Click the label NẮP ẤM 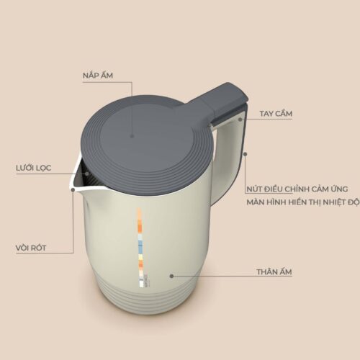tap(98, 76)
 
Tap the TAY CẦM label tap(276, 114)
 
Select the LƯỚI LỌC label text tap(34, 168)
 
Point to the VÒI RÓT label tap(31, 248)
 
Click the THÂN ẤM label tap(274, 272)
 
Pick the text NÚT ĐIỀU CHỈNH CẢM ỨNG tap(297, 189)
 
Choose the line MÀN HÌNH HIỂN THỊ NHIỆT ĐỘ tap(303, 202)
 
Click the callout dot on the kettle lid tap(132, 136)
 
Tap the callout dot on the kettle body tap(171, 276)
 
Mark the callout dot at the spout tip tap(73, 189)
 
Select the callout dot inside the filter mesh tap(87, 174)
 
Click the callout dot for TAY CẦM tap(240, 120)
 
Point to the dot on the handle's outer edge tap(245, 154)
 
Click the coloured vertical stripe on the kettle tap(140, 247)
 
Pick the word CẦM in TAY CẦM tap(284, 114)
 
